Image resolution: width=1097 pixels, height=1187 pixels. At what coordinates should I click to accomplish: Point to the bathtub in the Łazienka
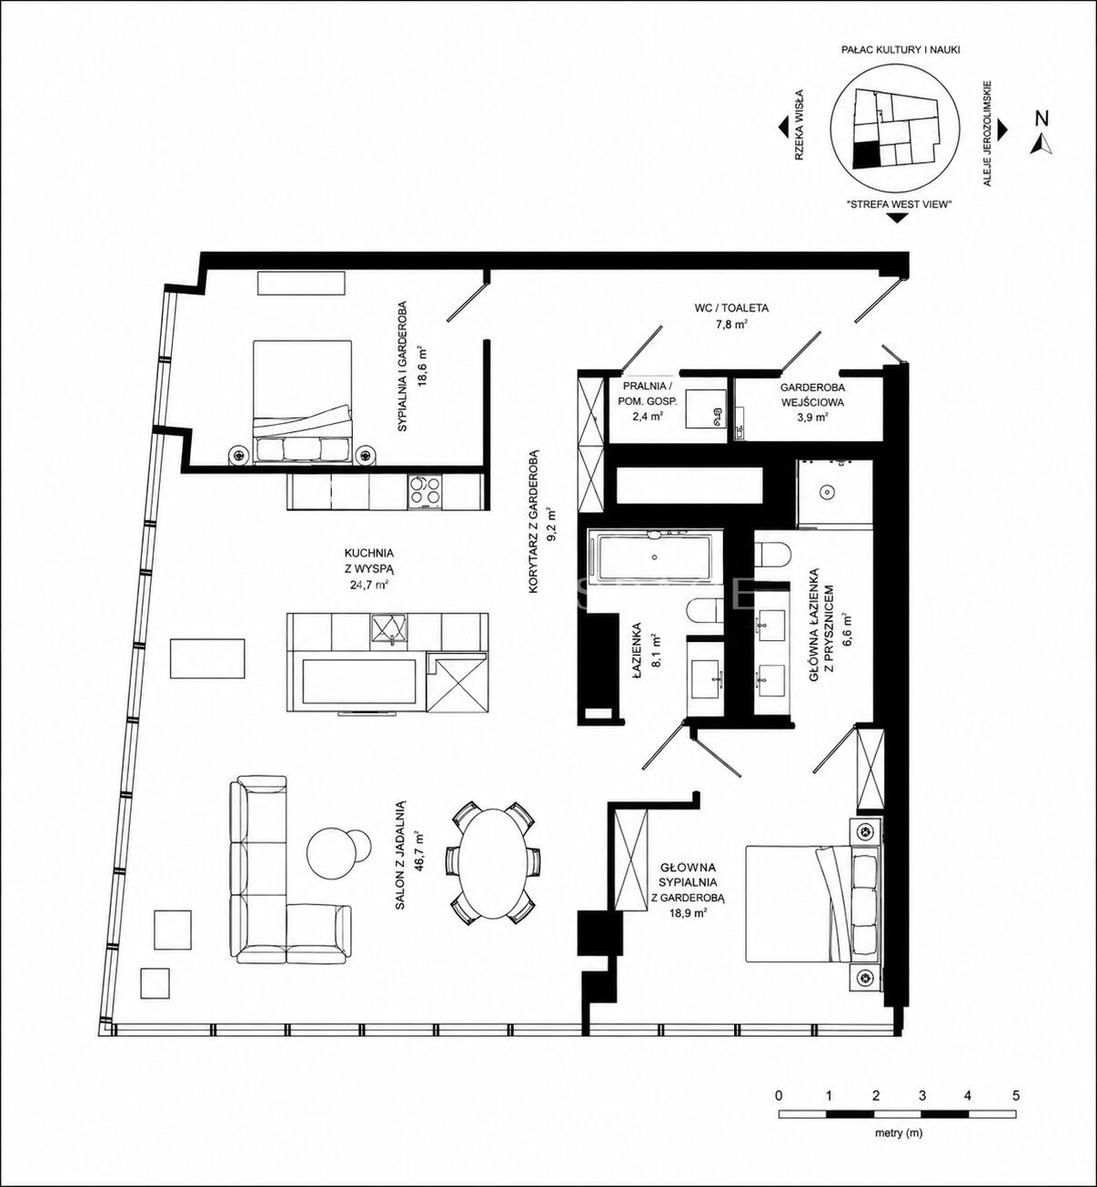(655, 557)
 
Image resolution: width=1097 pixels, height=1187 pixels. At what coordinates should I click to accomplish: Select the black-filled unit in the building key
(867, 154)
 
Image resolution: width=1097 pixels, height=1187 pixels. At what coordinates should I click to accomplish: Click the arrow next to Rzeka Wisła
(784, 128)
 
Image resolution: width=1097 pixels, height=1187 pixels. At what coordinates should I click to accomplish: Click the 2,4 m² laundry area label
(647, 417)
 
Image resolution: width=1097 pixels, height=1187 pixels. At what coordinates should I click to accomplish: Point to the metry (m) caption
(897, 1132)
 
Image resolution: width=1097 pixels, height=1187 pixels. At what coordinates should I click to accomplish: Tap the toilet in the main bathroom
(770, 553)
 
